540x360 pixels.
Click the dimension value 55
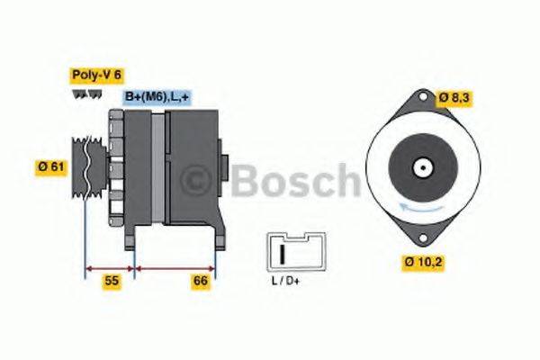pos(111,281)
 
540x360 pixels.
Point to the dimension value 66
pos(201,281)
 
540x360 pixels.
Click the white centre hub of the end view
pos(421,167)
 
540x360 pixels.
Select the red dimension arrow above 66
pos(175,267)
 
